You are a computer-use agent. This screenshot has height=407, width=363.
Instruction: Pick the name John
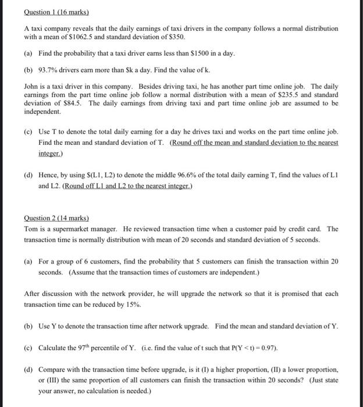[31, 85]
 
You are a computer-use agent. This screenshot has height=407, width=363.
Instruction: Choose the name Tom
[31, 229]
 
